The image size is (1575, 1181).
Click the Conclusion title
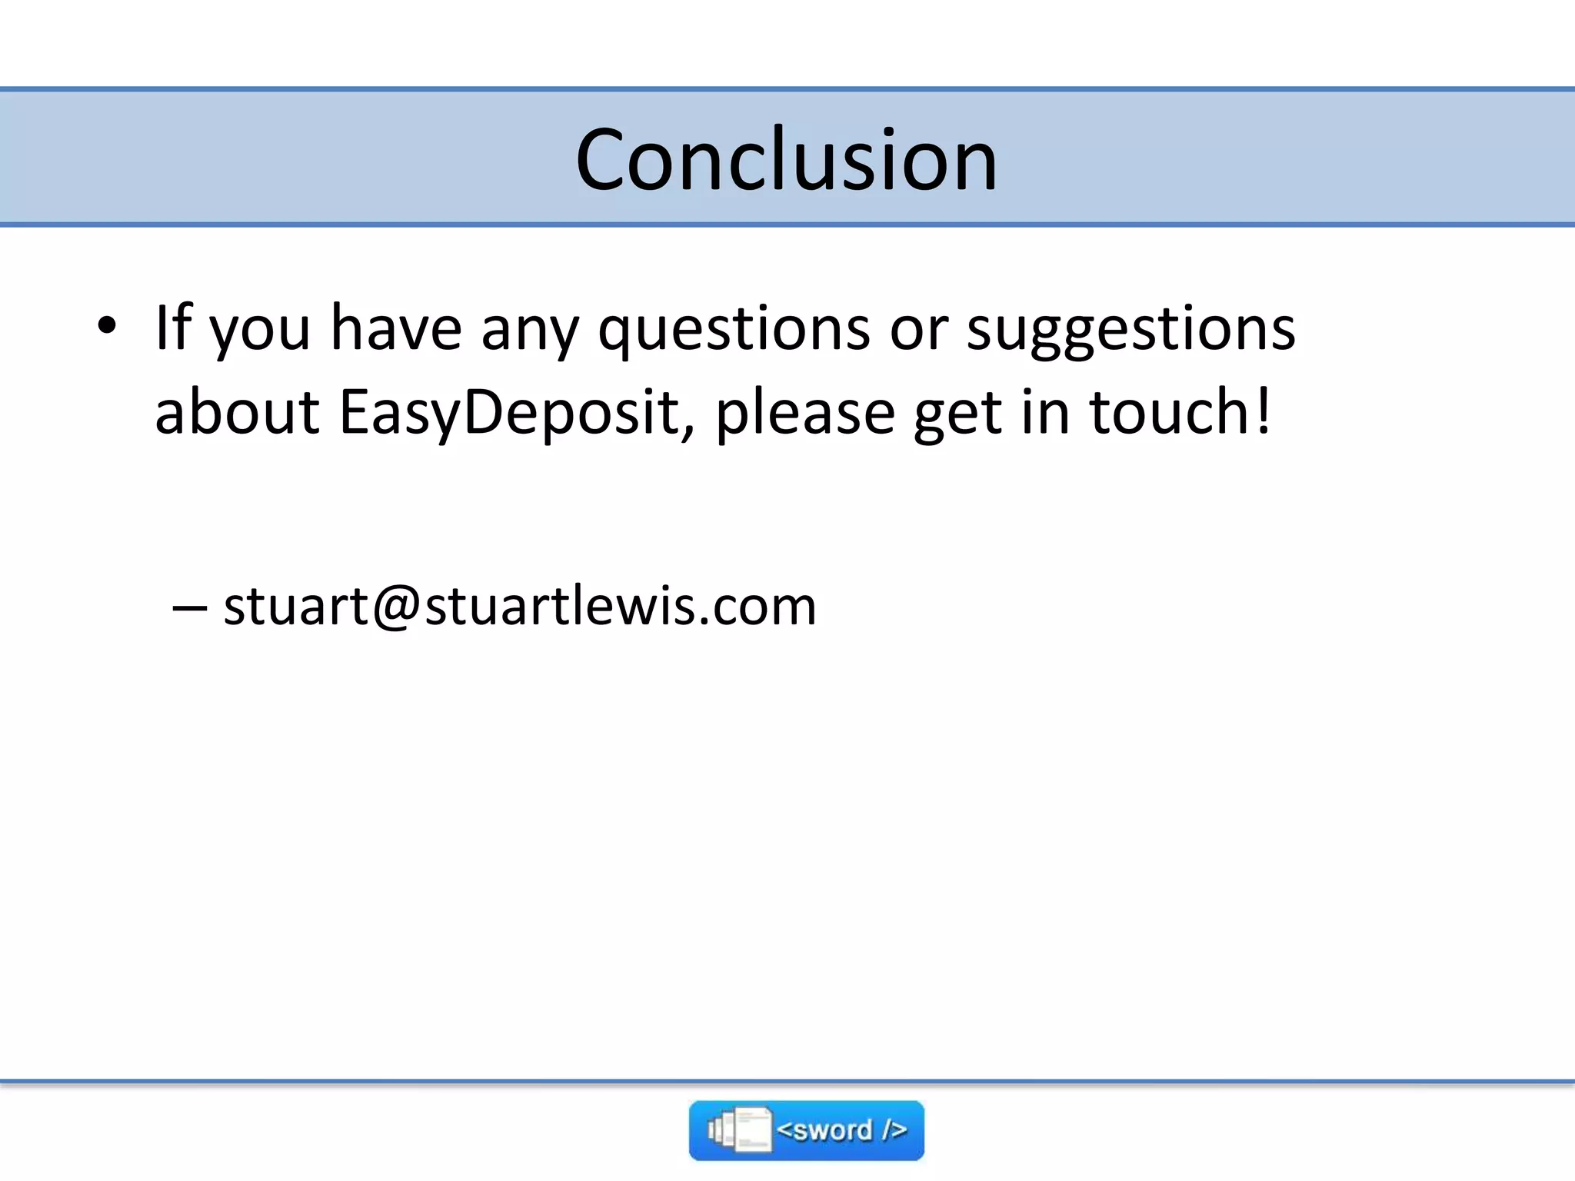tap(786, 160)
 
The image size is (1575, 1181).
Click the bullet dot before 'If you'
tap(107, 327)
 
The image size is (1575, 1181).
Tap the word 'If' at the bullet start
tap(172, 327)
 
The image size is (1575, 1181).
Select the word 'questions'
tap(734, 329)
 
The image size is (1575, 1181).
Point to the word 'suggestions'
tap(1130, 329)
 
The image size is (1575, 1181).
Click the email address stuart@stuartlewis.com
tap(520, 606)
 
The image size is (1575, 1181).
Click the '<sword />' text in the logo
tap(841, 1129)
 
